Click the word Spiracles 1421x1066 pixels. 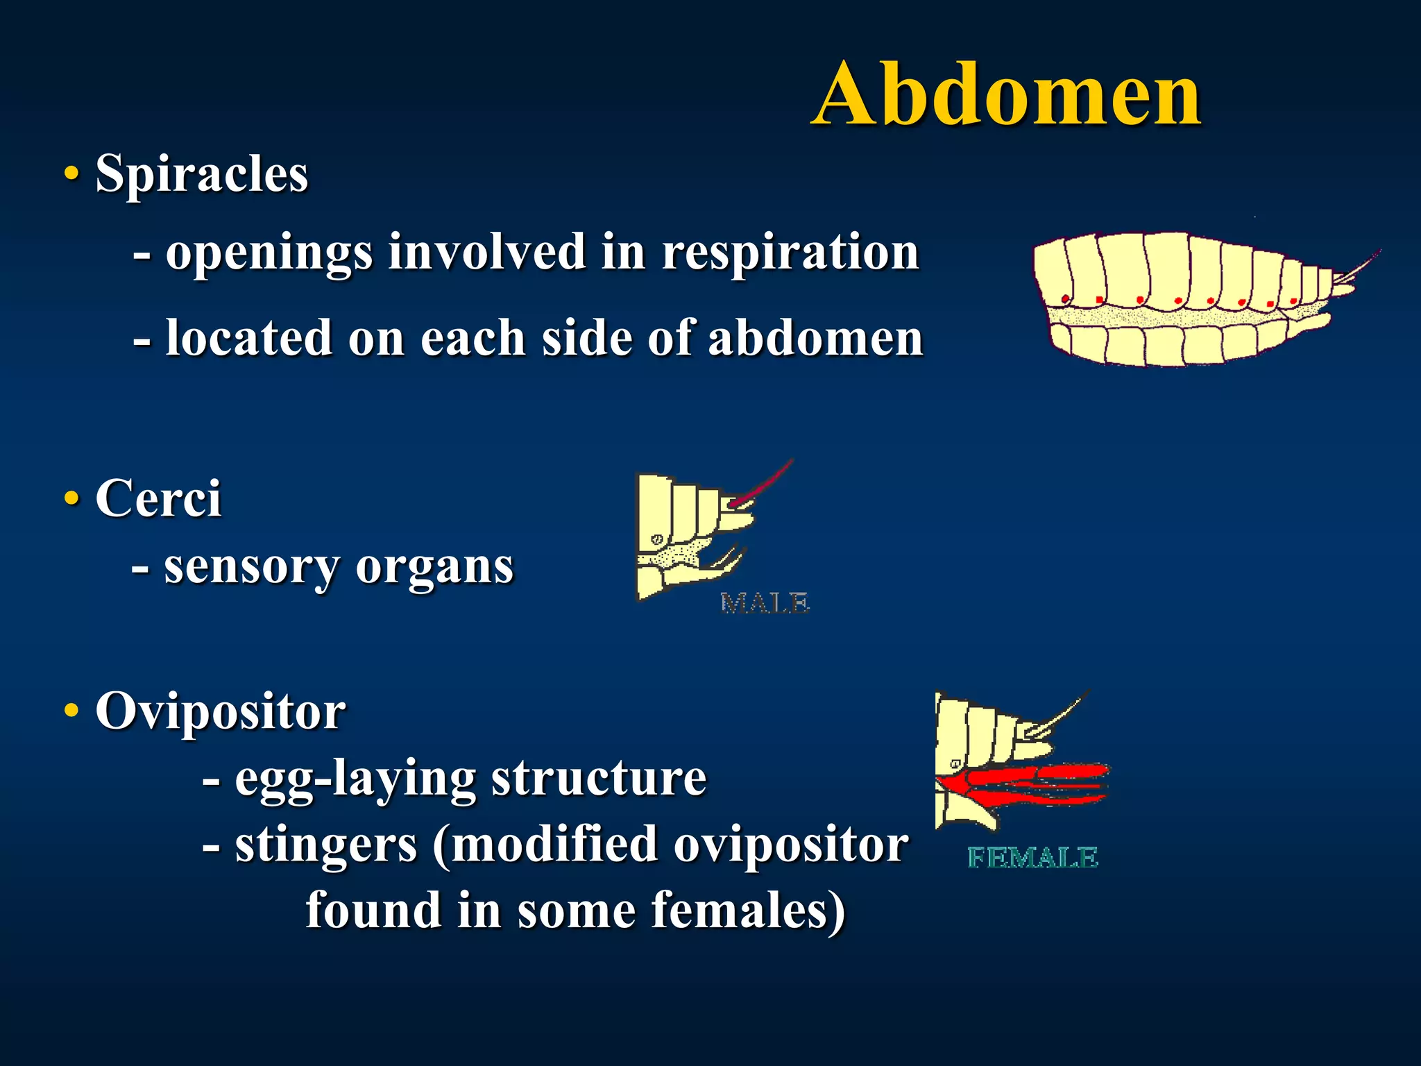pos(201,174)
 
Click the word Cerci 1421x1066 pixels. pos(158,498)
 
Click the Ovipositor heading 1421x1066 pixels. pos(220,711)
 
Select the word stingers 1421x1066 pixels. pos(326,845)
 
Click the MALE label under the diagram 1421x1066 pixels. pos(765,603)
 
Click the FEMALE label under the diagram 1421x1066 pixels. pos(1032,858)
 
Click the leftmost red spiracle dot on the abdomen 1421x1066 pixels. pos(1066,299)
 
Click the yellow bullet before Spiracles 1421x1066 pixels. pos(71,174)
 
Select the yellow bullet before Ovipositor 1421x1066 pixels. pos(71,711)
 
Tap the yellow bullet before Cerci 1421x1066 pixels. pos(71,498)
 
